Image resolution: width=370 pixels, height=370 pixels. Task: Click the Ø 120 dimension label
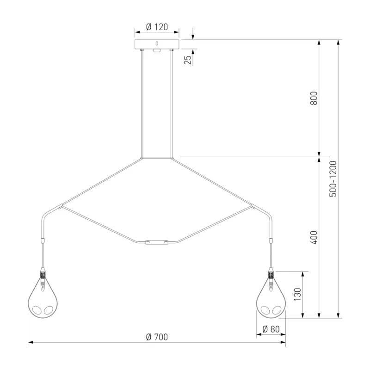point(157,27)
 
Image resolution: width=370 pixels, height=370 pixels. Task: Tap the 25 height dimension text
point(188,60)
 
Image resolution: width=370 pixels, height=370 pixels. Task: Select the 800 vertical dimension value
point(314,98)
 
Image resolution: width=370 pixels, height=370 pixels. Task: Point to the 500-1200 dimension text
point(333,179)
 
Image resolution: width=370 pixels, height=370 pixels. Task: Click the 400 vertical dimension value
point(314,238)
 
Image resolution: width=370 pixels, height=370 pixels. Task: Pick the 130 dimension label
point(297,294)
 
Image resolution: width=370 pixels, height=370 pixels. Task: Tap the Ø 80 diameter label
point(271,329)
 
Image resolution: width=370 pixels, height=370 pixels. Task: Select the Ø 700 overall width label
point(157,337)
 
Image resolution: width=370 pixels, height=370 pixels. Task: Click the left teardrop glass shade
point(43,298)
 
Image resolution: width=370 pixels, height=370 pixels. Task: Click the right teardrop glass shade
point(271,298)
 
